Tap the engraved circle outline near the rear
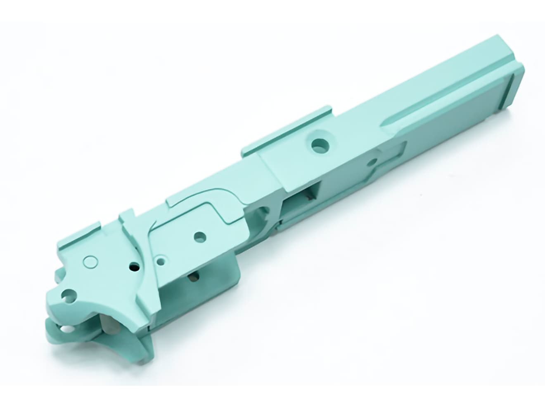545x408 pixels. [90, 261]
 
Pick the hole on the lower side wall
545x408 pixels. [193, 277]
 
